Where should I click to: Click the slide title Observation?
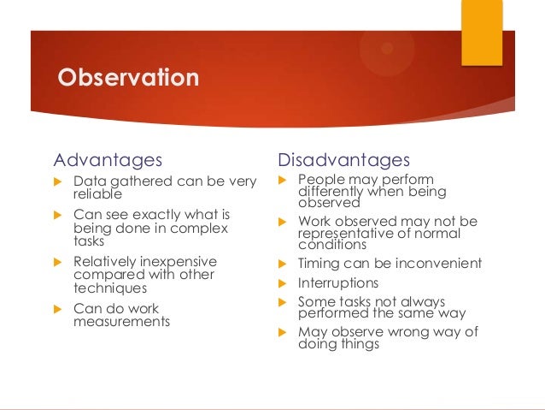coord(128,77)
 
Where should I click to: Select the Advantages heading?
coord(108,160)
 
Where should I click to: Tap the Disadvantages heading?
coord(343,160)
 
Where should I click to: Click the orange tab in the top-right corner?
coord(482,33)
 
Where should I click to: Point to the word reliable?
coord(97,194)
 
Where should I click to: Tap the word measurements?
coord(121,321)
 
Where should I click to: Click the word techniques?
coord(110,288)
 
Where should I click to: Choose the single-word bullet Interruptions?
coord(338,282)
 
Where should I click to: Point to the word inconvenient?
coord(438,263)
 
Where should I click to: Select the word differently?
coord(331,191)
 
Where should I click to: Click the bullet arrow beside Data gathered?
coord(58,181)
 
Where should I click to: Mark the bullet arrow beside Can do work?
coord(58,309)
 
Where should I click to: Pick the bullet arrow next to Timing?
coord(282,264)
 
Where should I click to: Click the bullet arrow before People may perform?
coord(282,180)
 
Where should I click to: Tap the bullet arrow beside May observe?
coord(282,332)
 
